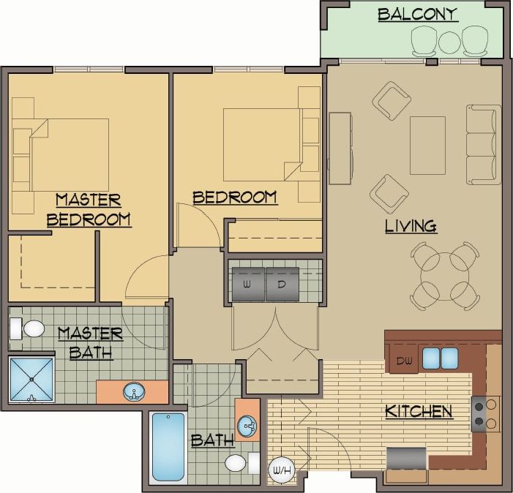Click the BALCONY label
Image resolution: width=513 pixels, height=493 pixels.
pos(418,14)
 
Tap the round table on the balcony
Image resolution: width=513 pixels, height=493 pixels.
pos(449,42)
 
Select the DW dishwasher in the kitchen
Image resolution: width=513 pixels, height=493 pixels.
pos(404,360)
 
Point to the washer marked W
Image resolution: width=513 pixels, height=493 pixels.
pos(247,284)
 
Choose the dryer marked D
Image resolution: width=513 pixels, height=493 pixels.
pos(282,284)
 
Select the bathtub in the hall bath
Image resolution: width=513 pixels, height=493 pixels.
pos(168,446)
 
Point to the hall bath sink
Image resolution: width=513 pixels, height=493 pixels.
pos(247,425)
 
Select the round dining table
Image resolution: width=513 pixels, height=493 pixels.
pos(445,276)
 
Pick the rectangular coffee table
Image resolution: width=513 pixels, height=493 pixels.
pos(427,145)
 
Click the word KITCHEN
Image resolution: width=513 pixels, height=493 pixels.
pos(419,411)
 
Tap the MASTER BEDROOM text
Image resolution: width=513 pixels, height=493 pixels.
pos(89,209)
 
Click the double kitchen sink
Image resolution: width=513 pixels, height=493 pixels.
pos(440,358)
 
